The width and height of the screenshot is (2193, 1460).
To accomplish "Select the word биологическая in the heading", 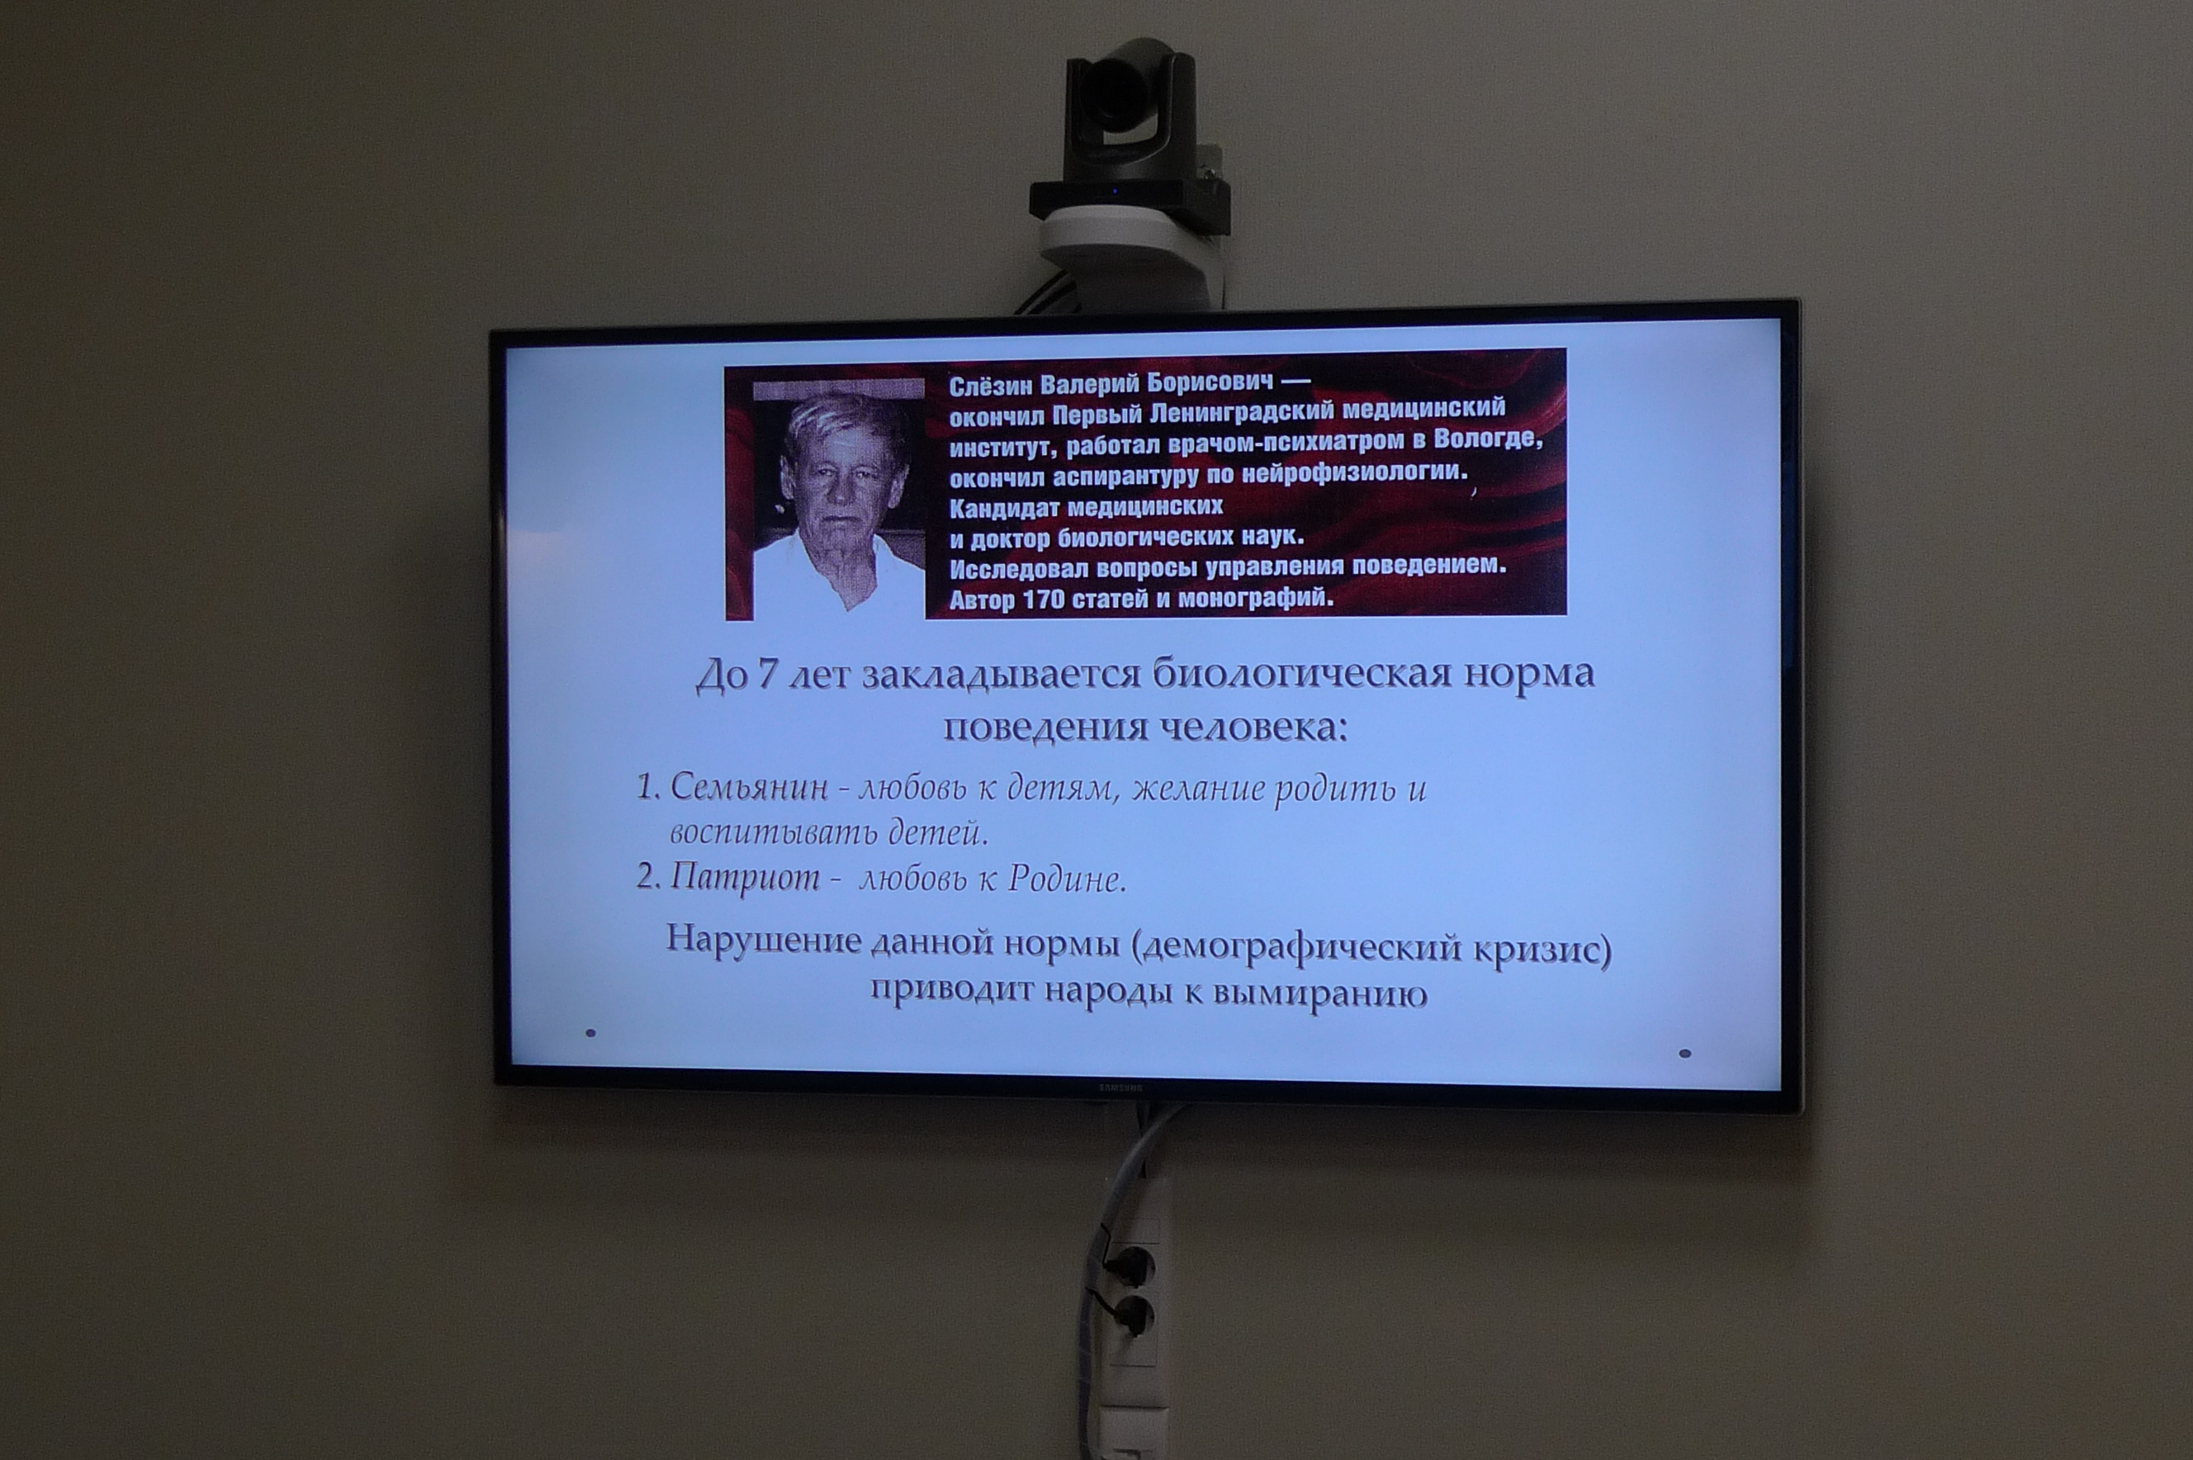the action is click(1302, 674).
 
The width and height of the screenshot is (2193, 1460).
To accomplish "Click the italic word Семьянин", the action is click(748, 788).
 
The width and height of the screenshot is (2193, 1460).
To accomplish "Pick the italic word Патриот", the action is click(745, 878).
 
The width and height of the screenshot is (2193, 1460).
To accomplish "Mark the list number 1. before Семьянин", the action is click(648, 789).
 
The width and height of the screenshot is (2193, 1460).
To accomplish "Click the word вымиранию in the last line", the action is click(1320, 993).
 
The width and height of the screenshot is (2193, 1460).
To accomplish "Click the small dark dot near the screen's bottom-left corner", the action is click(590, 1032).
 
